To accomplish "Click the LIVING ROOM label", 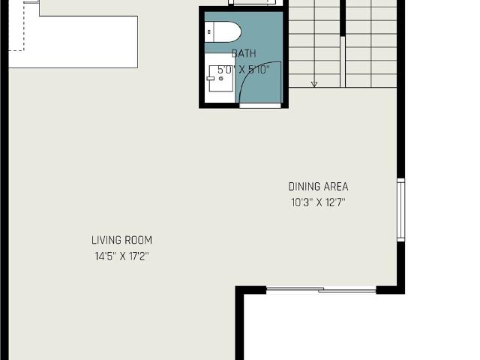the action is [x=121, y=240].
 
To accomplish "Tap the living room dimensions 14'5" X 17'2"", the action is [x=121, y=256].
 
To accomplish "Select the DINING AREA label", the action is [x=318, y=187].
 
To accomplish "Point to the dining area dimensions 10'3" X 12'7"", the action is [x=318, y=202].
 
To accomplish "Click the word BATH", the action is [x=244, y=53].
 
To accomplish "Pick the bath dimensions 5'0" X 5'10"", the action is [x=244, y=70].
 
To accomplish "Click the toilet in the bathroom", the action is [x=223, y=31].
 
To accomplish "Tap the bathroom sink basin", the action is [x=221, y=78].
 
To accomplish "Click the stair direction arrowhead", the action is [x=314, y=84].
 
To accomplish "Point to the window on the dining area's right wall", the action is [x=400, y=210].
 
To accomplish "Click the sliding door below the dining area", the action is [x=321, y=289].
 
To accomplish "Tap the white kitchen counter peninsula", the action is [x=73, y=42].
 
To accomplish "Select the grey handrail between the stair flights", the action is [x=343, y=61].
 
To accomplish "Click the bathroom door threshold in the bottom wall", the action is [x=260, y=106].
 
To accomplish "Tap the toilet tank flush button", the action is [x=209, y=31].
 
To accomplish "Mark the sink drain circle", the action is [x=221, y=78].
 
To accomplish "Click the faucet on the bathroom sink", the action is [x=211, y=78].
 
